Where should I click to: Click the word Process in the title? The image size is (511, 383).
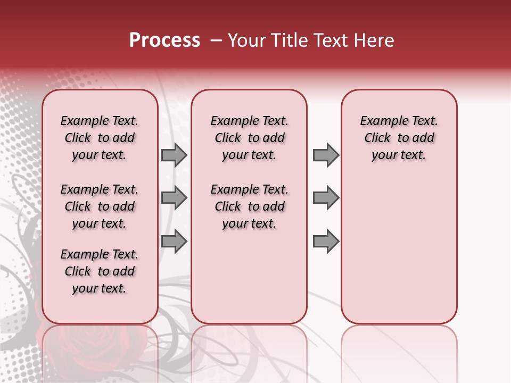(164, 40)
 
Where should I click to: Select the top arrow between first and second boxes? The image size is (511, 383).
(174, 155)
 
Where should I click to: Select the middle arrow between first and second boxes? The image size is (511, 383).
(174, 198)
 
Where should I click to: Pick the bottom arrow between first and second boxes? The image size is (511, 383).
(174, 241)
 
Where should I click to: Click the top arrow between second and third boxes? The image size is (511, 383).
(326, 155)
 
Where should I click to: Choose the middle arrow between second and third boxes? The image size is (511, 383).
(326, 198)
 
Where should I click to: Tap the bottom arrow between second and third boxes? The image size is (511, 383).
(326, 241)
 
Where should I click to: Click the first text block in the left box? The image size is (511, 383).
(100, 138)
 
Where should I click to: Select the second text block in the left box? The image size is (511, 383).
(100, 206)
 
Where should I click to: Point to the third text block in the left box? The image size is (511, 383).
(100, 271)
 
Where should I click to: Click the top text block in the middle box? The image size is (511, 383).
(249, 138)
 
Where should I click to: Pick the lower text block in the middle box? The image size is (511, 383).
(249, 206)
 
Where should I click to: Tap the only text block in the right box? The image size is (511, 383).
(399, 138)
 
